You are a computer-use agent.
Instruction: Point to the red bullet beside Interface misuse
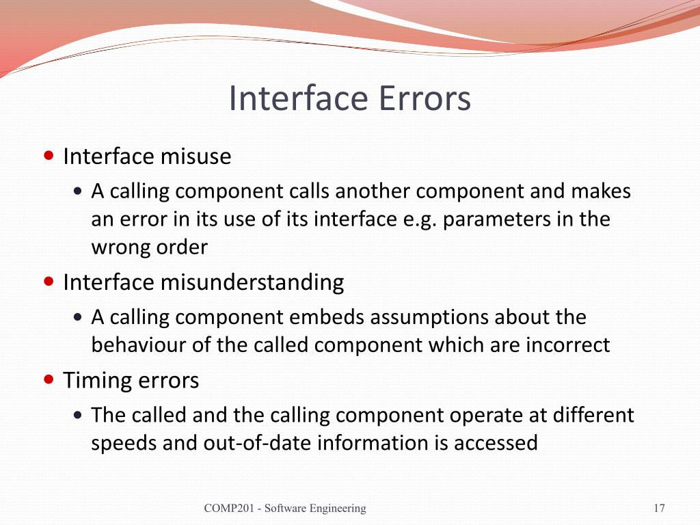pyautogui.click(x=49, y=156)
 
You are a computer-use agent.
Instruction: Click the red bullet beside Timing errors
pyautogui.click(x=49, y=379)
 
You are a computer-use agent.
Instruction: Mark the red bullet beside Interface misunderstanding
pyautogui.click(x=49, y=281)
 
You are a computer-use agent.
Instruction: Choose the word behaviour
pyautogui.click(x=139, y=345)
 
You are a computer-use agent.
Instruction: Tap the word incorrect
pyautogui.click(x=567, y=345)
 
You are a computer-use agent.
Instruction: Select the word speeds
pyautogui.click(x=123, y=444)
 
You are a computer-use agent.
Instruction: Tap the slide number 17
pyautogui.click(x=659, y=508)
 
